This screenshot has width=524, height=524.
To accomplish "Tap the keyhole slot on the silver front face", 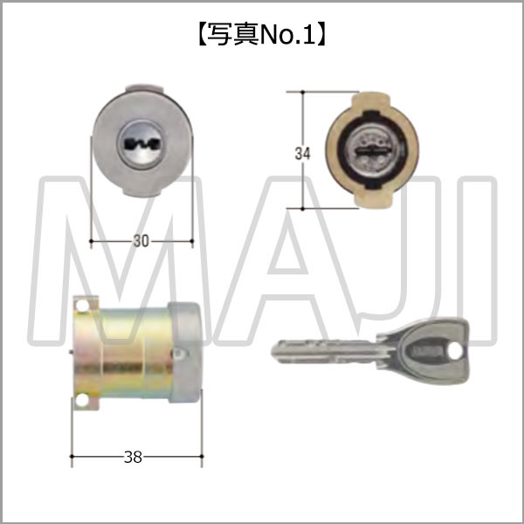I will (x=142, y=145).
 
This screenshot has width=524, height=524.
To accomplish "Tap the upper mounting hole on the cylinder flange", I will (x=83, y=307).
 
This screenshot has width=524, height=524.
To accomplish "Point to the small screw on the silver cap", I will (x=177, y=353).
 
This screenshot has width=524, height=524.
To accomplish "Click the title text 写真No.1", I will (x=262, y=36).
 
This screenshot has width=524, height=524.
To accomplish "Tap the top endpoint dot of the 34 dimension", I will (x=302, y=89).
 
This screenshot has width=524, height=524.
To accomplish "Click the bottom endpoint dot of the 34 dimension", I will (x=302, y=210).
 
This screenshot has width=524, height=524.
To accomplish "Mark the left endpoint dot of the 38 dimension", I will (x=71, y=456).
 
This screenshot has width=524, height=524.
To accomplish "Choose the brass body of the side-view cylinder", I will (x=131, y=354).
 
